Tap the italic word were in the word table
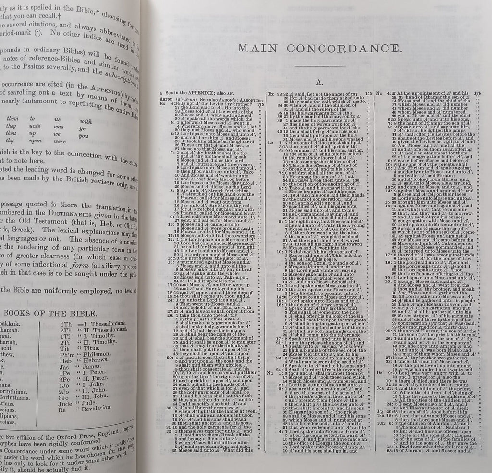coord(59,141)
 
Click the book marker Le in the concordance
coord(270,143)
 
